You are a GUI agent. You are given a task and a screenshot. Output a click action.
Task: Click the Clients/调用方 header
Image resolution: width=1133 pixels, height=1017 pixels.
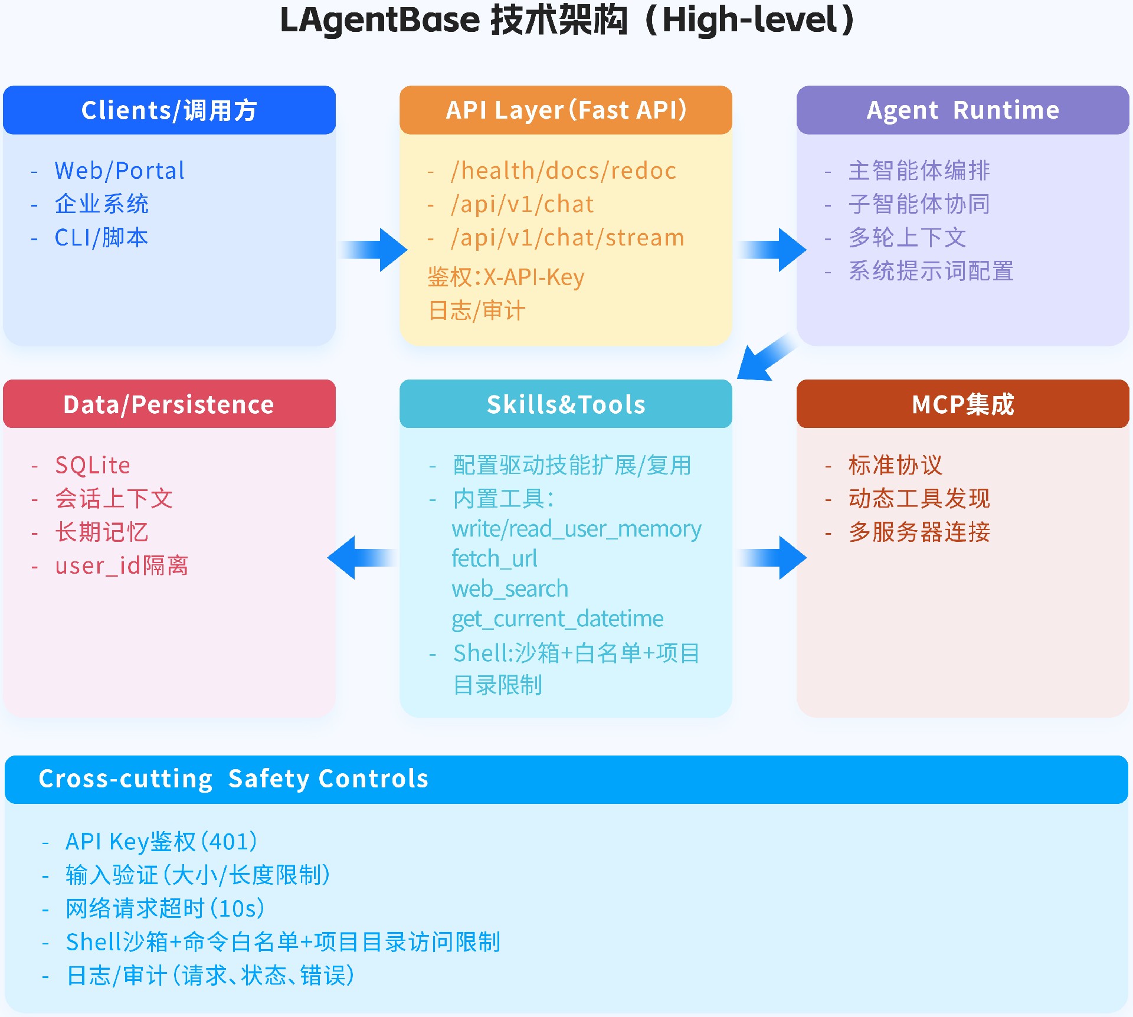[169, 110]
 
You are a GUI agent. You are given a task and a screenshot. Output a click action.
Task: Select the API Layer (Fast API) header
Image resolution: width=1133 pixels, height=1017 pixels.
[565, 110]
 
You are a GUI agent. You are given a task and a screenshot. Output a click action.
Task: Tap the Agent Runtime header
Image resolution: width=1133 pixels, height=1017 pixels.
[962, 110]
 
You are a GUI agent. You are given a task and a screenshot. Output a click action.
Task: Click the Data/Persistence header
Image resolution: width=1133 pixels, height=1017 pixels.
[169, 404]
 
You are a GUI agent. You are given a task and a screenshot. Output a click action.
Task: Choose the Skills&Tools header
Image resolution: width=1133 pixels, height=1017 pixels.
[565, 404]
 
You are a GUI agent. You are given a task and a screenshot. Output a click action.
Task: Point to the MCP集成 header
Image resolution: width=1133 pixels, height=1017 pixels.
[962, 404]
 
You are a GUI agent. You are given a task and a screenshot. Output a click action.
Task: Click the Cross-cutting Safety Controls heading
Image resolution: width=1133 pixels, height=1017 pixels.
[234, 779]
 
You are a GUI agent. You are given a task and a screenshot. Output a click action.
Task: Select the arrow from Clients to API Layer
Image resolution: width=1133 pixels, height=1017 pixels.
[374, 250]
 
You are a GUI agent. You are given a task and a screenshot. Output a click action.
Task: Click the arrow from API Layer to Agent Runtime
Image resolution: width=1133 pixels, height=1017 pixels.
[772, 250]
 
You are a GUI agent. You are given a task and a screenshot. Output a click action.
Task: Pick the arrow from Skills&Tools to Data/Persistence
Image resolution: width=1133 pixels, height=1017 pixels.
[361, 558]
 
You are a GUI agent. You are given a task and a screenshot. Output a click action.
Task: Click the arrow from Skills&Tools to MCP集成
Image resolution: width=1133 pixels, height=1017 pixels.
[772, 558]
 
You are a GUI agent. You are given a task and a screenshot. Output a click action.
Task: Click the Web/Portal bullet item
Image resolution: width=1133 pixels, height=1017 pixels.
[119, 171]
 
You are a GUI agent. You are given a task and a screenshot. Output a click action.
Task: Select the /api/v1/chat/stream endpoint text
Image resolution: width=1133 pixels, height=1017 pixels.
[567, 238]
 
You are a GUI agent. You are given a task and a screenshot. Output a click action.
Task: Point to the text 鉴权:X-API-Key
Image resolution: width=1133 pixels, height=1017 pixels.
[506, 277]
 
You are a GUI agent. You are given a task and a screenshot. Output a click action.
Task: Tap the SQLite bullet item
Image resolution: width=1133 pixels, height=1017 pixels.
[93, 465]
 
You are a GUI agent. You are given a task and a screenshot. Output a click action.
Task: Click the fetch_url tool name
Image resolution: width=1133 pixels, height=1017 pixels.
[495, 558]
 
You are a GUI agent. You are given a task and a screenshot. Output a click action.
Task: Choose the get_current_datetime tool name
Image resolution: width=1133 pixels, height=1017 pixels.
[558, 619]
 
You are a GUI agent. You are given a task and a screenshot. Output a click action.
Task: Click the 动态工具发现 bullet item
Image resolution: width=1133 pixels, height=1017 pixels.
[919, 499]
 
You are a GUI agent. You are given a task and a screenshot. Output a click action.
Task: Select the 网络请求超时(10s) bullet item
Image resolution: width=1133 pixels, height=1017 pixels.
[165, 908]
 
